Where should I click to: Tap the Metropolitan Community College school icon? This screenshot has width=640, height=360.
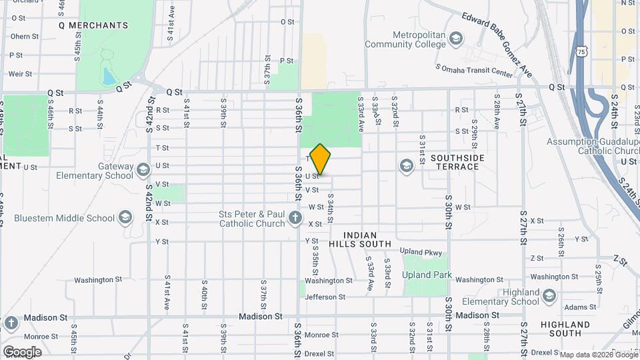pyautogui.click(x=456, y=37)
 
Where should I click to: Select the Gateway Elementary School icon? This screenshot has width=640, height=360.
pyautogui.click(x=143, y=171)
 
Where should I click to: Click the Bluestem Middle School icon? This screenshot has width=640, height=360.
pyautogui.click(x=125, y=217)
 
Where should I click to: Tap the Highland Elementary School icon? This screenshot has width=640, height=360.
pyautogui.click(x=549, y=296)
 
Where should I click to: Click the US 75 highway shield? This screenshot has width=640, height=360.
pyautogui.click(x=583, y=51)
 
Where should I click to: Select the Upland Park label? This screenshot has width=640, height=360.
pyautogui.click(x=427, y=275)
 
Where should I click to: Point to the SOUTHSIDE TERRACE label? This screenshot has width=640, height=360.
pyautogui.click(x=457, y=161)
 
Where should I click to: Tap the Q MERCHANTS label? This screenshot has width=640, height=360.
pyautogui.click(x=93, y=25)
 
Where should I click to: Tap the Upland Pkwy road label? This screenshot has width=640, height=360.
pyautogui.click(x=421, y=252)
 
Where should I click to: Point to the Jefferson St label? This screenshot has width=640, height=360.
pyautogui.click(x=325, y=297)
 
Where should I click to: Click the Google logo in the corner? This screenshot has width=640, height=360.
pyautogui.click(x=22, y=351)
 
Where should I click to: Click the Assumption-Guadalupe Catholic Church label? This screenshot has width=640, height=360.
pyautogui.click(x=591, y=146)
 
